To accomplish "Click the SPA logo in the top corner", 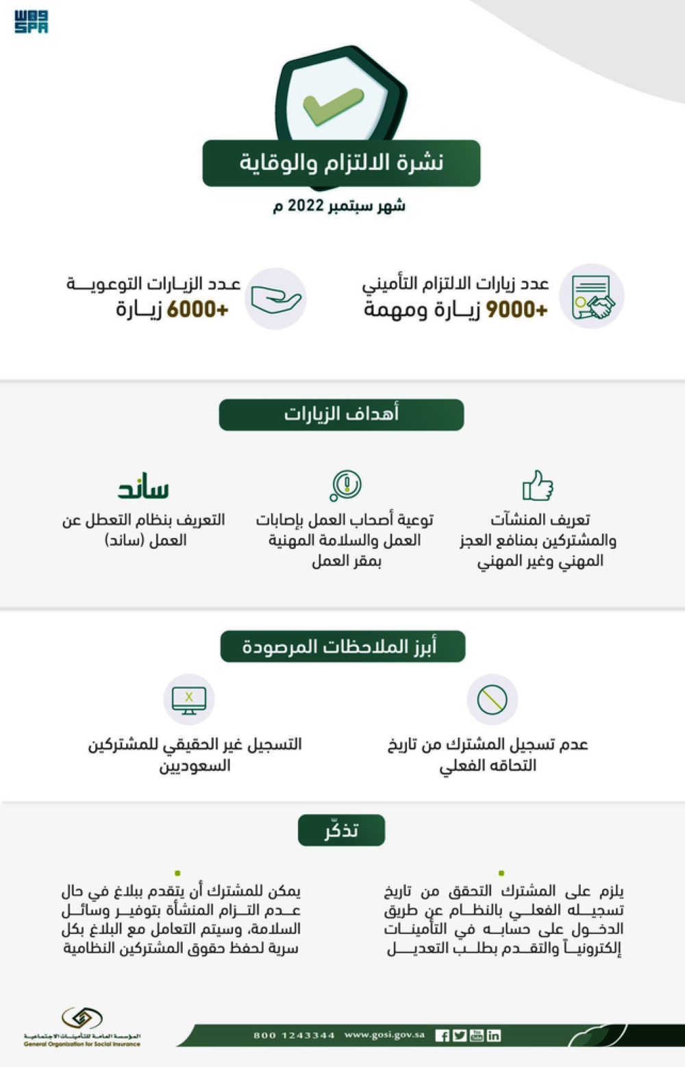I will (32, 21).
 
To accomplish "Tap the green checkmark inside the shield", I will (333, 107).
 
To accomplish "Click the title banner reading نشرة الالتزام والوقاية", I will (341, 163).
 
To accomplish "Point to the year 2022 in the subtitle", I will (306, 206).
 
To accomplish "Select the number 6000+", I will (197, 310).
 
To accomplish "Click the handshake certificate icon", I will (592, 297).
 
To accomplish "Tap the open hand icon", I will (275, 299).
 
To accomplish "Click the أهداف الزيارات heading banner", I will (341, 415).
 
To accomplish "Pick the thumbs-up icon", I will (538, 485).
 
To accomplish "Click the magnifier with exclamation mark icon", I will (345, 485).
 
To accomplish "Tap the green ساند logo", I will (143, 487).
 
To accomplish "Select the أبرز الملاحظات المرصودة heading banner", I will (342, 646).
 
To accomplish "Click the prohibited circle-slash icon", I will (492, 700).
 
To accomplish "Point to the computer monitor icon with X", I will (189, 700).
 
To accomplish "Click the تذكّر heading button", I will (341, 830).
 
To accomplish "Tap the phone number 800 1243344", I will (294, 1035).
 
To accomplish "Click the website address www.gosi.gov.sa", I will (384, 1035).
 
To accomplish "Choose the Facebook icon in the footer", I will (443, 1035).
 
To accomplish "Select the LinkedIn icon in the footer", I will (494, 1035).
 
